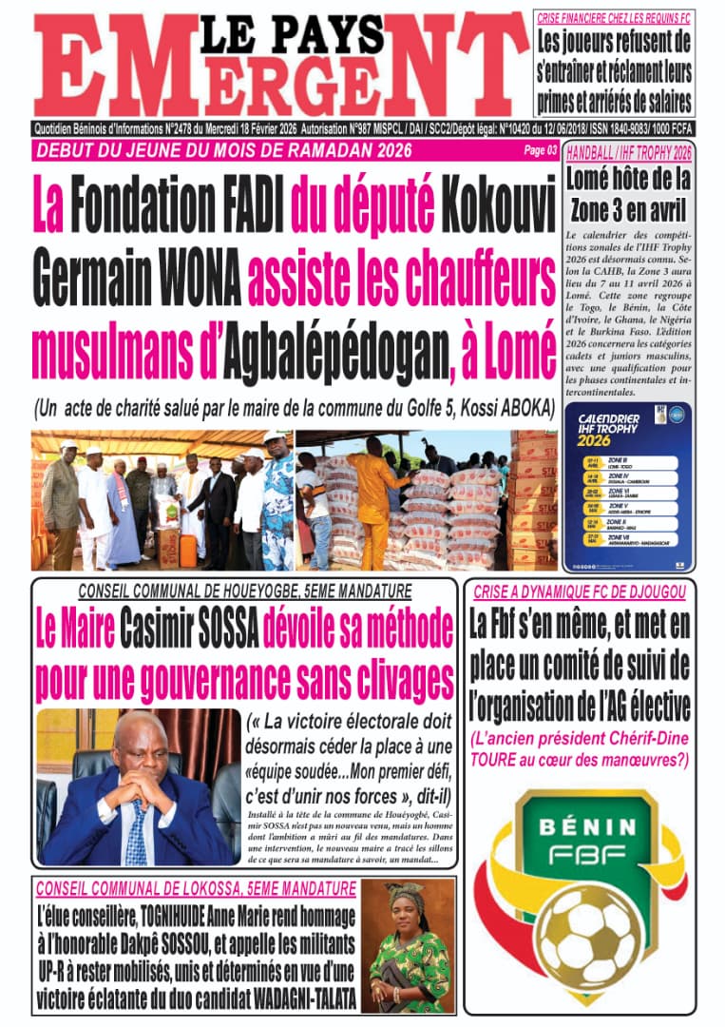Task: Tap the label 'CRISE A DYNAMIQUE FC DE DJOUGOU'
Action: coord(580,592)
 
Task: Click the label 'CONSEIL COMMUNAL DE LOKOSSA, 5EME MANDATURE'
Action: coord(196,889)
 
